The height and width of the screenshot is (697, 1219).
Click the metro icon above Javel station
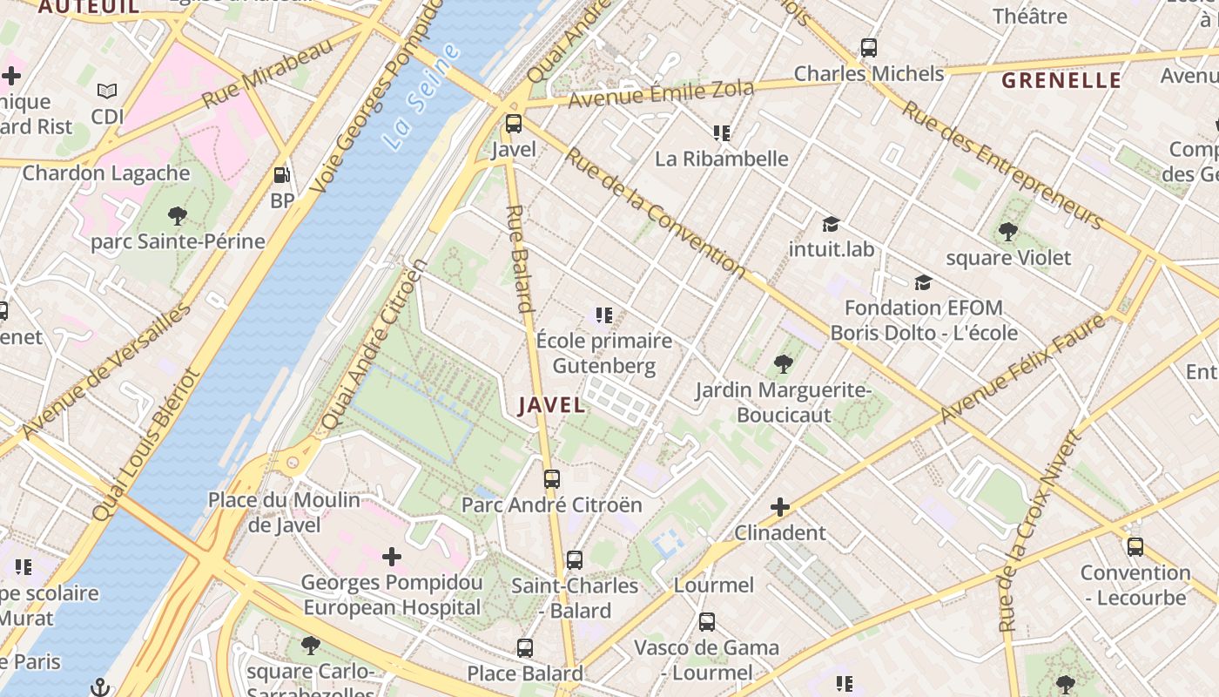coord(514,124)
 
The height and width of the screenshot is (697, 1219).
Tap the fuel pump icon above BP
coord(281,175)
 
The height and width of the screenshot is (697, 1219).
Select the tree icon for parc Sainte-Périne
coord(178,215)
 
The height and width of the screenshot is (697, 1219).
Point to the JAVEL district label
coord(552,405)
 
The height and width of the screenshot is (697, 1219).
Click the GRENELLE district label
coord(1061,81)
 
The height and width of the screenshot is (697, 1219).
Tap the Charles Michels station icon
coord(868,48)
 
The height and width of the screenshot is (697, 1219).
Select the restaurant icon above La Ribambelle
coord(721,133)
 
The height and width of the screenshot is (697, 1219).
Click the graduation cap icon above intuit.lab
coord(831,224)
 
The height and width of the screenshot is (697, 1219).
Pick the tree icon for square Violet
coord(1008,232)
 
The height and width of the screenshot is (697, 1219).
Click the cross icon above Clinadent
coord(780,506)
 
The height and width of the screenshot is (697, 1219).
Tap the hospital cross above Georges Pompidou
coord(392,556)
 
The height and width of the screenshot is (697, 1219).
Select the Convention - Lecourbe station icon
coord(1135,547)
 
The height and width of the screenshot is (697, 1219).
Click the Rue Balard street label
coord(520,259)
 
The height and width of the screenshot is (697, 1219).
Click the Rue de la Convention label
coord(655,213)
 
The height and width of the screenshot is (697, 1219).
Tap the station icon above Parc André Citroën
coord(552,478)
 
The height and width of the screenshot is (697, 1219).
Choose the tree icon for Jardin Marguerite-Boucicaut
coord(783,363)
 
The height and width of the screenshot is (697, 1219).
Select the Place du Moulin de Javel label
coord(284,512)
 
